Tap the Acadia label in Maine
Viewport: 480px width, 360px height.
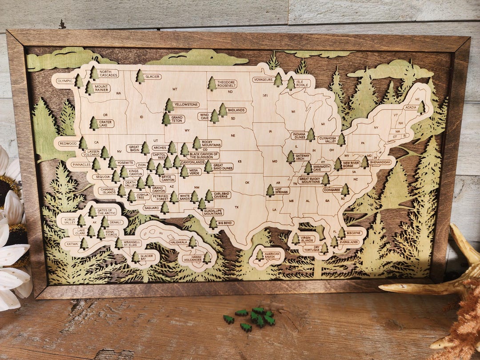410,108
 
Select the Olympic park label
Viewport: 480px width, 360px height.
64,81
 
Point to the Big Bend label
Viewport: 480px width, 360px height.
226,223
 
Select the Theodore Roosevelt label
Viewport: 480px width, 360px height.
227,84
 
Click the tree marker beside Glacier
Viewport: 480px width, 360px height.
140,76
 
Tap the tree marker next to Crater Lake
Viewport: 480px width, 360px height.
94,123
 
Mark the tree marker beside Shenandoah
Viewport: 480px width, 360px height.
364,162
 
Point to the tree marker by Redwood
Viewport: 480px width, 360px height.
83,143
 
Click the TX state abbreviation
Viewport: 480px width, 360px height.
237,207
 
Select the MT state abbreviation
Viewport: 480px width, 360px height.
175,89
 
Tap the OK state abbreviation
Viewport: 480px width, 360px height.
248,182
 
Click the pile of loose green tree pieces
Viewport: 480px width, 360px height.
253,317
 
